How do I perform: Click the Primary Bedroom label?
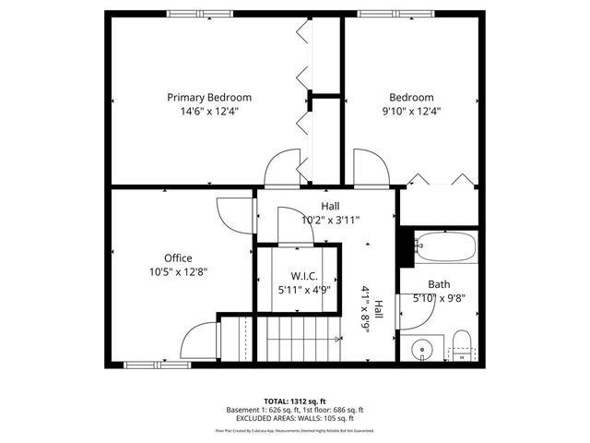[x=208, y=97]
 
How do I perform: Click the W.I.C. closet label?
[x=304, y=276]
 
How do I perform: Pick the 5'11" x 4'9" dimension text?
[x=304, y=290]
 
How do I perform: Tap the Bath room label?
[x=439, y=284]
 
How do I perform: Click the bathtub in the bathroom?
[x=445, y=247]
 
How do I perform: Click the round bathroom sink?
[x=422, y=349]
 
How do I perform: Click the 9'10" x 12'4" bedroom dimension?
[x=411, y=111]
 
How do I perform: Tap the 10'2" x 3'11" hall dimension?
[x=330, y=220]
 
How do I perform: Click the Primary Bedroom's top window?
[x=199, y=13]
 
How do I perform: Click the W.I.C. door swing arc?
[x=295, y=227]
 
